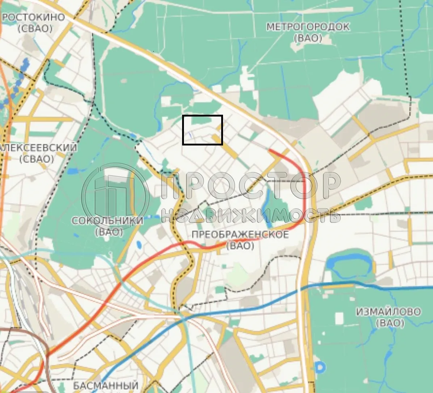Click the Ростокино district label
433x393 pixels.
(33, 17)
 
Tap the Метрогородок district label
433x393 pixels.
(308, 27)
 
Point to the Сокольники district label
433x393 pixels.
(108, 221)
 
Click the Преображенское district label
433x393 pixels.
(240, 234)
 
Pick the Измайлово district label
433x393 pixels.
(388, 312)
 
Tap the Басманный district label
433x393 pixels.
(106, 385)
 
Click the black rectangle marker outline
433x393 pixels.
(202, 116)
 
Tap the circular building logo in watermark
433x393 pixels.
(115, 197)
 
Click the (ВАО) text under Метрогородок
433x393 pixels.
(308, 38)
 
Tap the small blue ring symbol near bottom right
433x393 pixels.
(320, 368)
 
